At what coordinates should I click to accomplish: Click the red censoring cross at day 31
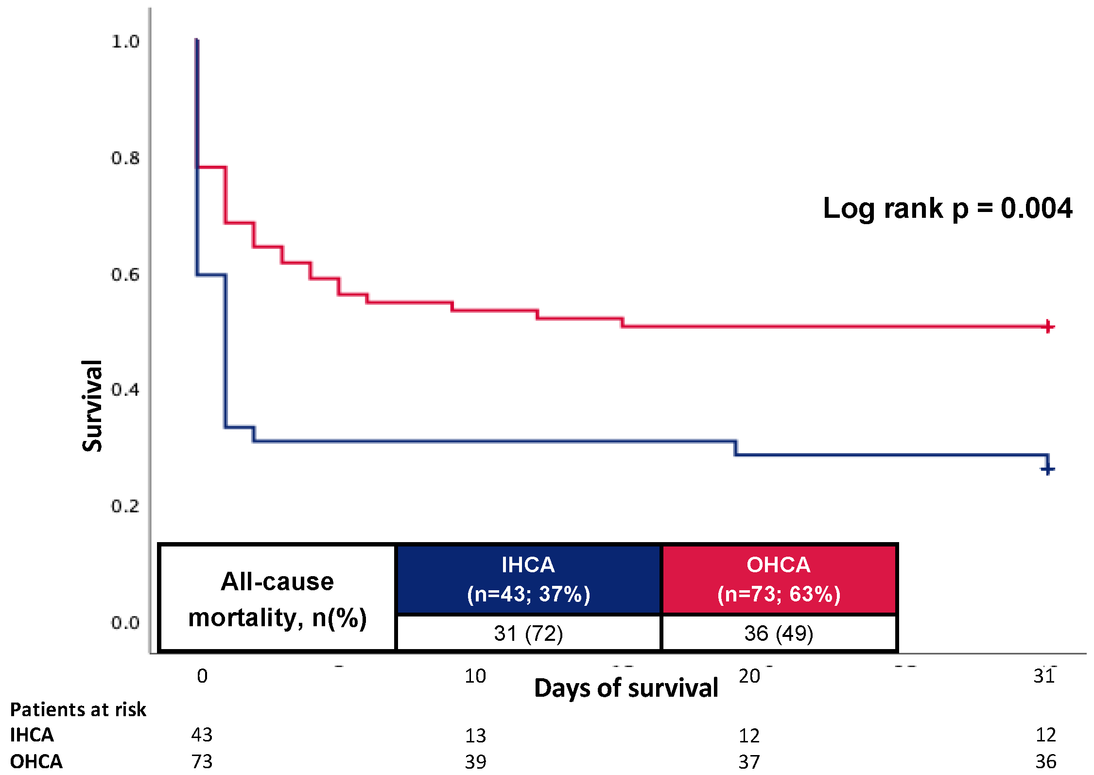[x=1048, y=327]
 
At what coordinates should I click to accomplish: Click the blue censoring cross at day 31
[x=1047, y=469]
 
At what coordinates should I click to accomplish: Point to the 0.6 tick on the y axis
[x=125, y=275]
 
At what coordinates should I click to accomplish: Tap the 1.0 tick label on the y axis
[x=125, y=42]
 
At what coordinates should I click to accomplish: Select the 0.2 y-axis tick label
[x=125, y=506]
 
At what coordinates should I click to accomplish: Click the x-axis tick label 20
[x=749, y=676]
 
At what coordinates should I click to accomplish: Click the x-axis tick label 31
[x=1044, y=676]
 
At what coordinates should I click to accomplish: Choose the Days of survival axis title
[x=625, y=688]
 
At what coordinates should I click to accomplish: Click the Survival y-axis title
[x=92, y=406]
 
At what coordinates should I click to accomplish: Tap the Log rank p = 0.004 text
[x=947, y=208]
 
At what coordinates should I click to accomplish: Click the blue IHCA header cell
[x=528, y=579]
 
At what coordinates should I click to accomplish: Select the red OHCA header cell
[x=779, y=579]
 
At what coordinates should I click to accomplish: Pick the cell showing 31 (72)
[x=528, y=633]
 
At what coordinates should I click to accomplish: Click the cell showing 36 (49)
[x=779, y=633]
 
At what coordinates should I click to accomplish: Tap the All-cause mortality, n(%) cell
[x=278, y=599]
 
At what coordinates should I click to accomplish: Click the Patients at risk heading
[x=78, y=709]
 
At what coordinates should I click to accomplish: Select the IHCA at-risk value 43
[x=202, y=735]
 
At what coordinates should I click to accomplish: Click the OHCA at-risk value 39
[x=475, y=761]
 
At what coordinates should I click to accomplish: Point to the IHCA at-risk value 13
[x=475, y=736]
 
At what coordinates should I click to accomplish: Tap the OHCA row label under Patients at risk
[x=36, y=761]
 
